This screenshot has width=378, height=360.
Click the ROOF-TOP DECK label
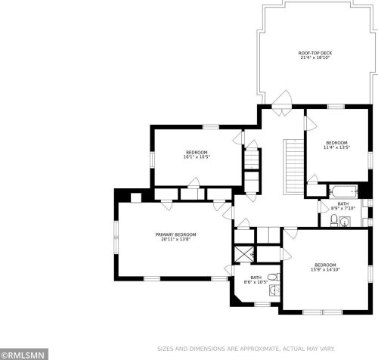coord(315,53)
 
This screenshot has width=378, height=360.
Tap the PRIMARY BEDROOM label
coord(175,234)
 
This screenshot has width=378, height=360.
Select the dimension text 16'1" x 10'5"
coord(197,157)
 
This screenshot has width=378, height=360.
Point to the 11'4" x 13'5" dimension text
coord(336,147)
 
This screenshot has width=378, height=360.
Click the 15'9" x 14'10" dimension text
coord(325,269)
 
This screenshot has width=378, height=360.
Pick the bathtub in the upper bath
coord(343,192)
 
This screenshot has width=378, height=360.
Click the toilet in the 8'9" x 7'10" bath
coord(334,220)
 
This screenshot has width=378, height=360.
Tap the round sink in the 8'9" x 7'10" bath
coord(345,222)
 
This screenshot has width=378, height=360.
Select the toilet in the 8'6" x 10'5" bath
coord(274,278)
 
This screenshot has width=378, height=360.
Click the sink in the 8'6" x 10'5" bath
coord(274,290)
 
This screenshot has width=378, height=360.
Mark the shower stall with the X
coord(244,254)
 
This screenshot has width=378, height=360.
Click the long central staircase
coord(294,166)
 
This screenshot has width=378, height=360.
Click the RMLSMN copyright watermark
coord(24,355)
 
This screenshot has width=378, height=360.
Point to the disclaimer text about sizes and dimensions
coord(246,349)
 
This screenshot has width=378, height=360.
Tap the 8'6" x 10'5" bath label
coord(256,278)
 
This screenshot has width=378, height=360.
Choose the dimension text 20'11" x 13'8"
coord(175,239)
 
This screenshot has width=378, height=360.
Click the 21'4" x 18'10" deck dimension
coord(315,57)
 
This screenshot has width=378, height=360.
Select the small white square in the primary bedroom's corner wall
coord(136,197)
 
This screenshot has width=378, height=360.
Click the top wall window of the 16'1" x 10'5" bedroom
coord(211,127)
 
